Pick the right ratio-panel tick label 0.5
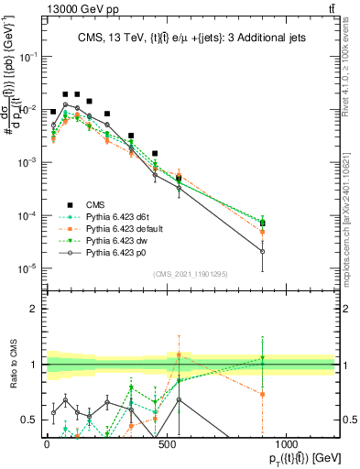point(349,420)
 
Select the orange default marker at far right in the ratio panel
point(263,395)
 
